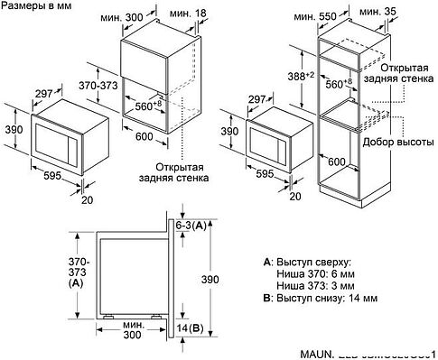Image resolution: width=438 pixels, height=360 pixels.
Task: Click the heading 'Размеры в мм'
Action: [37, 7]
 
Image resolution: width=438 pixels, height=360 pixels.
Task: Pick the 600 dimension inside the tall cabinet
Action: [361, 162]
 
